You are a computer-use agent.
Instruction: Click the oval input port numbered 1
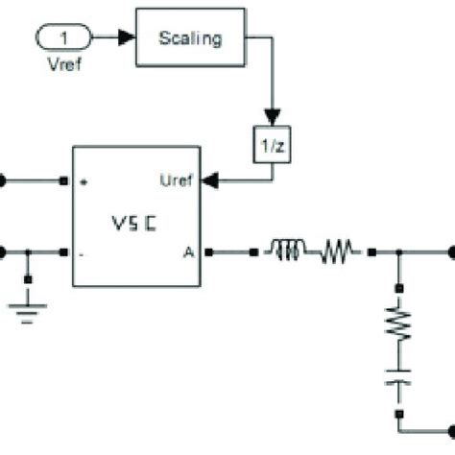pos(61,39)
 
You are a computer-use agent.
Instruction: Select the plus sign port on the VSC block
pos(84,180)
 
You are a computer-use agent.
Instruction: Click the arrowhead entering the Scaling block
pos(127,39)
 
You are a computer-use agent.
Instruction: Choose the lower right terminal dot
pos(449,422)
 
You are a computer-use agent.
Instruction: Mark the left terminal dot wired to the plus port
pos(3,180)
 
